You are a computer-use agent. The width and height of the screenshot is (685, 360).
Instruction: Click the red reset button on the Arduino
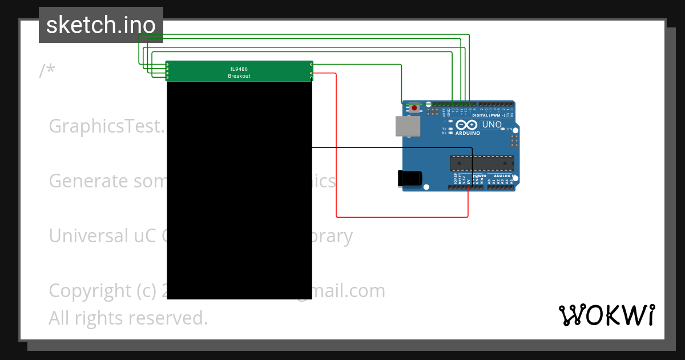[x=413, y=107]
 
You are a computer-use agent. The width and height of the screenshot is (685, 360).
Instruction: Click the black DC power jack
[x=409, y=178]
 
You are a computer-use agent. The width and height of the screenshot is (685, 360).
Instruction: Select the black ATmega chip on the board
[x=481, y=163]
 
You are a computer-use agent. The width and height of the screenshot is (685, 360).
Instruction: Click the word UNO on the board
[x=492, y=125]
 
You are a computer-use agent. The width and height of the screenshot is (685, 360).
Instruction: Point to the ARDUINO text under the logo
[x=468, y=133]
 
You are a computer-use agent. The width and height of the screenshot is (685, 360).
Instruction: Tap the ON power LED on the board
[x=503, y=129]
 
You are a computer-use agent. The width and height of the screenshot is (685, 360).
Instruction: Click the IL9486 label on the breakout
[x=239, y=69]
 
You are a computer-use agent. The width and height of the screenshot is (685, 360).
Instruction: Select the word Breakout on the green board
[x=239, y=76]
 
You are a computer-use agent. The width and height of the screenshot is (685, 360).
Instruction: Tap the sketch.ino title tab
[x=101, y=25]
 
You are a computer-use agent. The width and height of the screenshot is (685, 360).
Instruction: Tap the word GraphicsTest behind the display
[x=106, y=126]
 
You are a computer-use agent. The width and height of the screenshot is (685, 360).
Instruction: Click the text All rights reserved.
[x=128, y=318]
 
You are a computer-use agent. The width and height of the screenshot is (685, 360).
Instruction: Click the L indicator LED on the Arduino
[x=451, y=121]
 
